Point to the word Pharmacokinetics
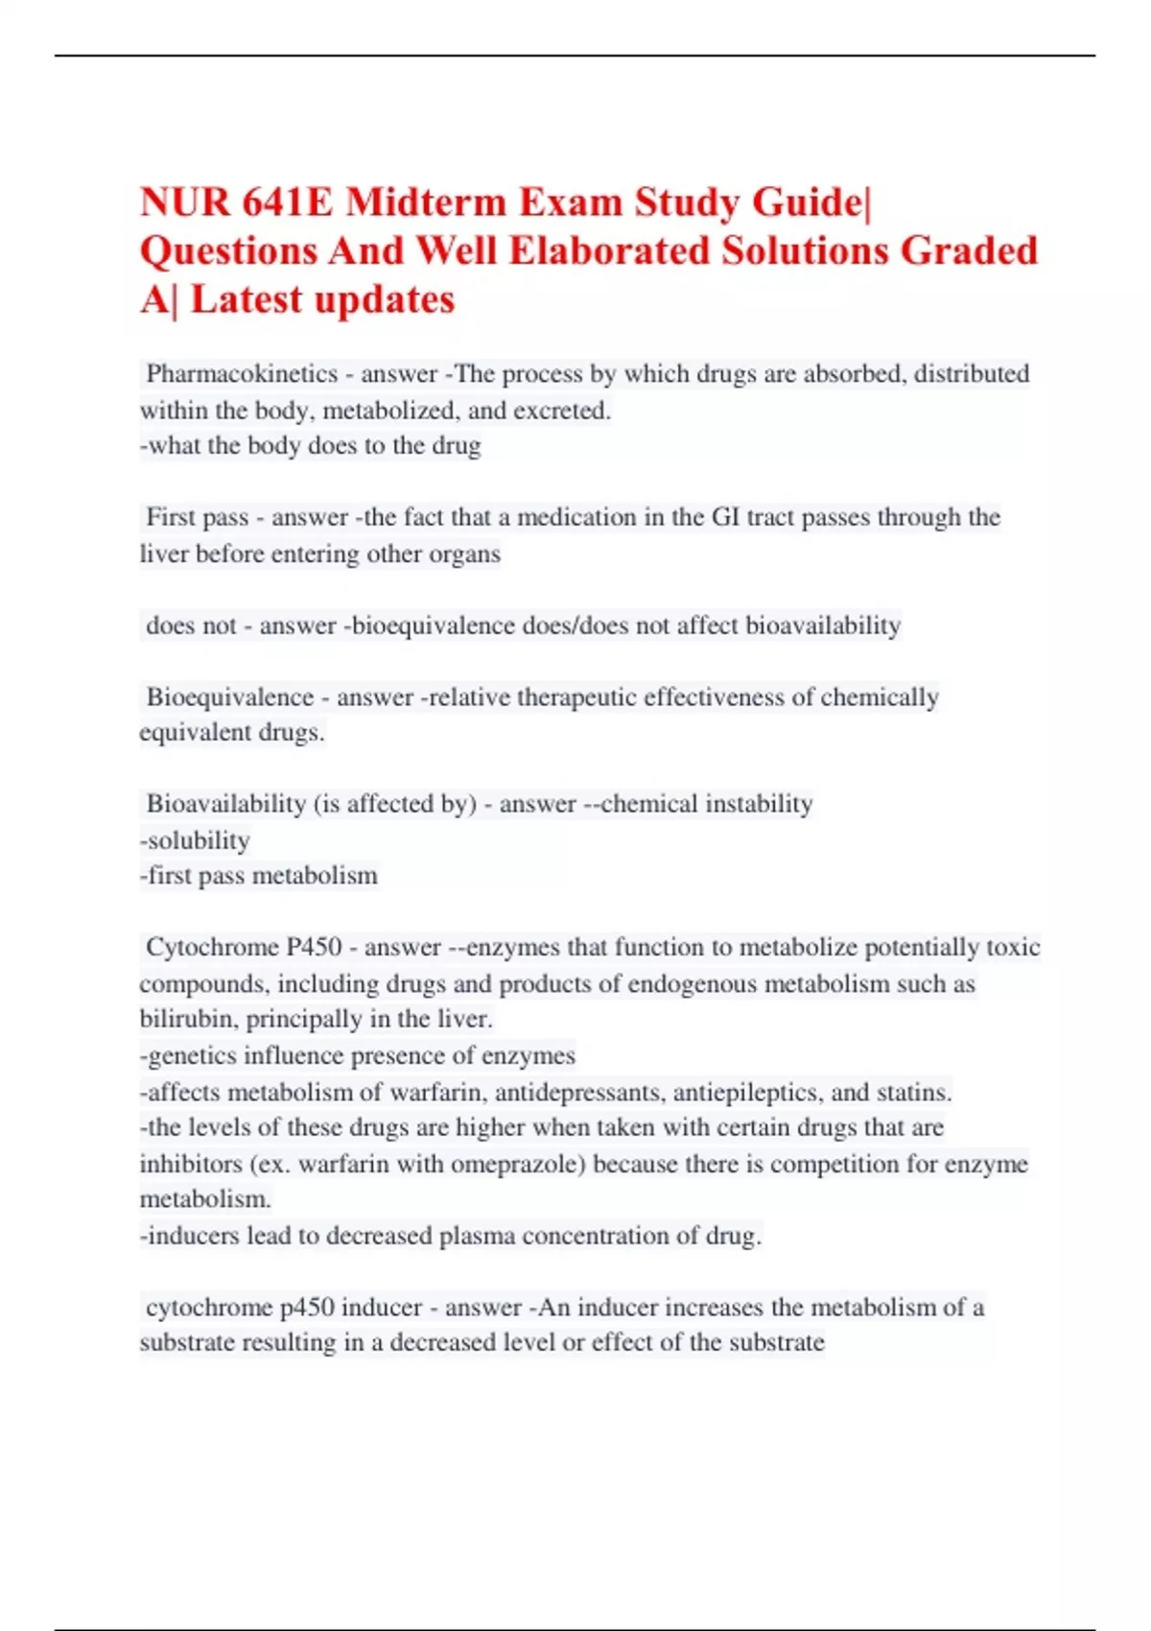point(242,373)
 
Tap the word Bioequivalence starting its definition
point(230,697)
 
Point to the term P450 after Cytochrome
point(314,947)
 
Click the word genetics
point(192,1056)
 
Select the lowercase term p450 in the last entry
point(306,1308)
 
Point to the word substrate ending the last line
point(776,1342)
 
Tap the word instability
point(759,804)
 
